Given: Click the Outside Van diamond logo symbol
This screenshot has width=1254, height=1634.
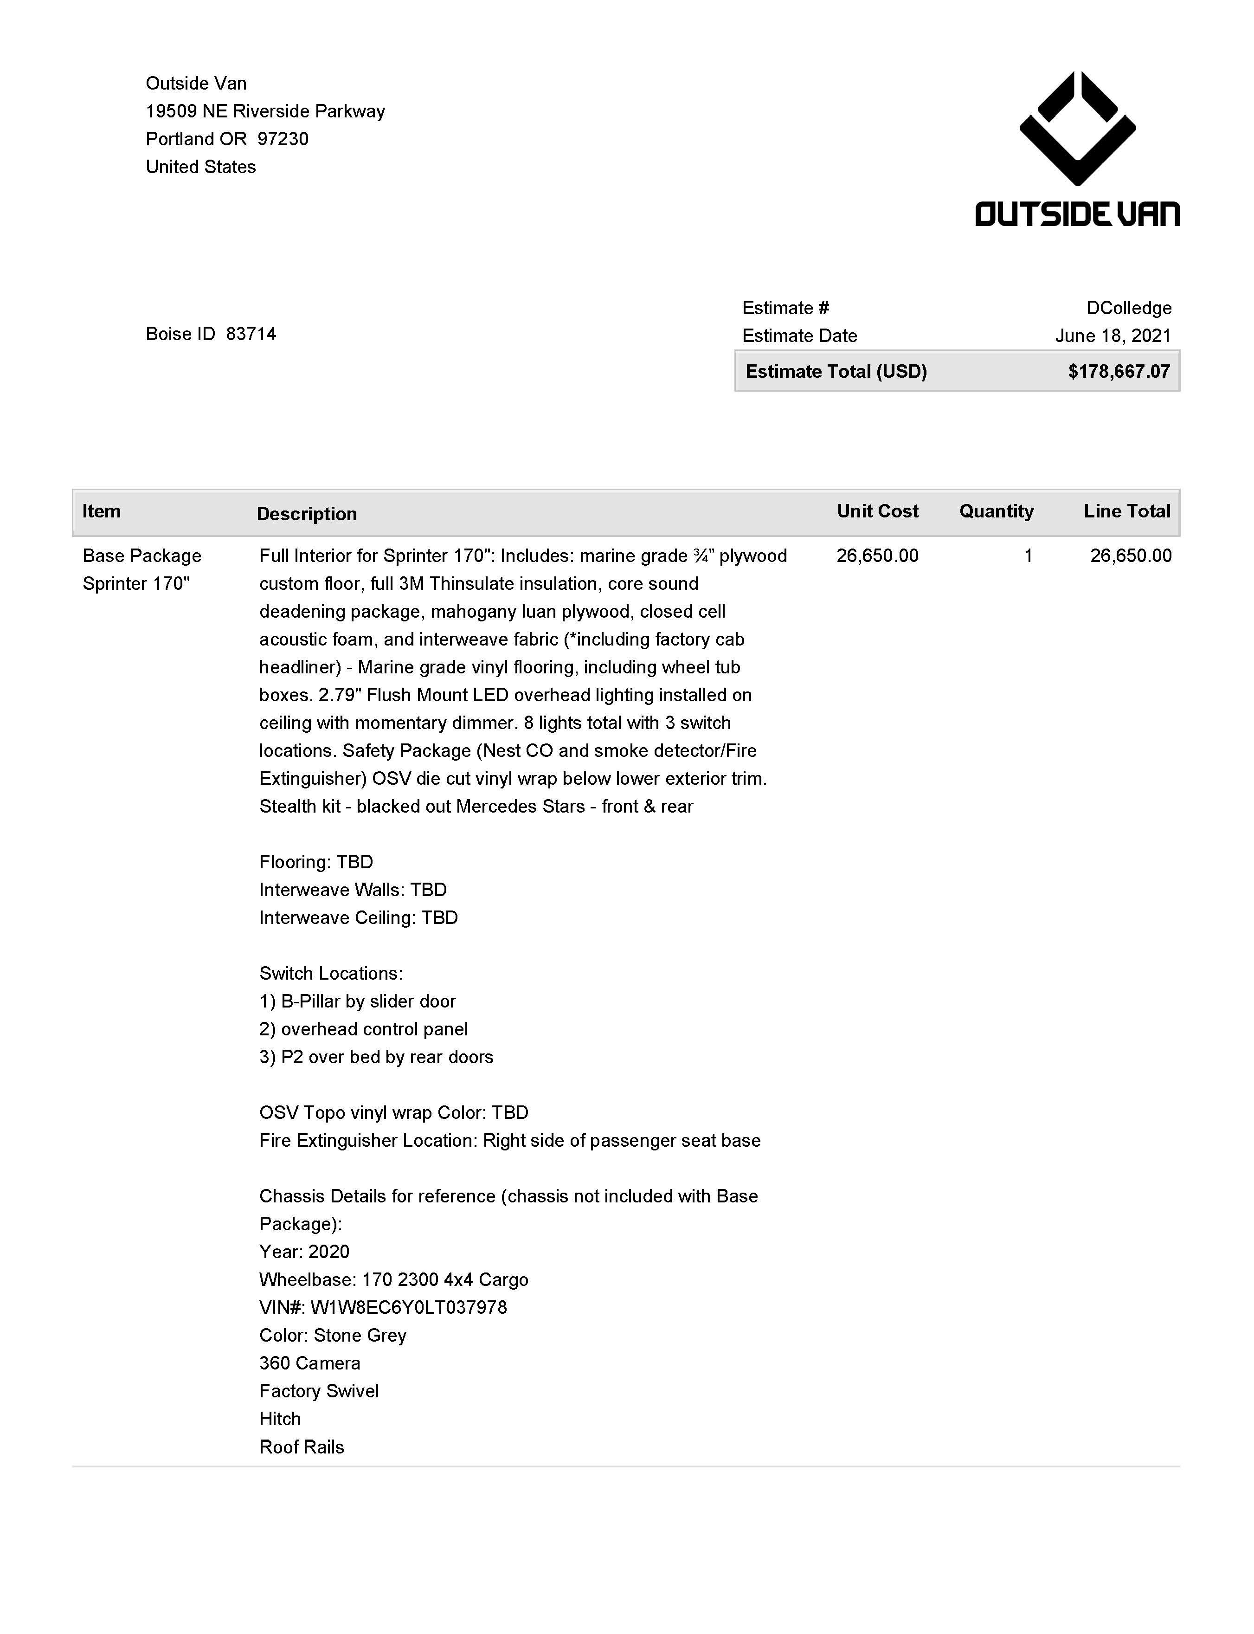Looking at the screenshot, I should coord(1077,129).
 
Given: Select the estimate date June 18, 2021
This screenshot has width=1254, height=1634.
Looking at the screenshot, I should coord(1112,336).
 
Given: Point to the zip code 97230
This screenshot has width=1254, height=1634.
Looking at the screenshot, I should coord(283,139).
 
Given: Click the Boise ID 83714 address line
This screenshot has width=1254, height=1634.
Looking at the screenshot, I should coord(211,334).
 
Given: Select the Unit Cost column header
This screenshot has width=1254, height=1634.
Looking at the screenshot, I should coord(877,511).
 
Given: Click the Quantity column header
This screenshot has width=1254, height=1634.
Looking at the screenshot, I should coord(996,511).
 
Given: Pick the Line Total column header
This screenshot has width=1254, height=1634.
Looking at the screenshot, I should coord(1126,511).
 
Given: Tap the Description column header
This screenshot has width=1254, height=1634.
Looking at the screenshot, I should coord(307,514).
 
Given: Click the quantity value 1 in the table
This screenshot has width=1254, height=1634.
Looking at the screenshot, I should coord(1028,555).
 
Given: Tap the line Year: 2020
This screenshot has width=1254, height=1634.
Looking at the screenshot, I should coord(304,1251).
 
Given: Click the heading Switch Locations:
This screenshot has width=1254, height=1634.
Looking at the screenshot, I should coord(331,973).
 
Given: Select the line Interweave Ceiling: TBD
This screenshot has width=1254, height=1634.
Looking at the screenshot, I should coord(358,917).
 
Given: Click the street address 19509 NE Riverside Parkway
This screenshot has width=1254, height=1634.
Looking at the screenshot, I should coord(265,111).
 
